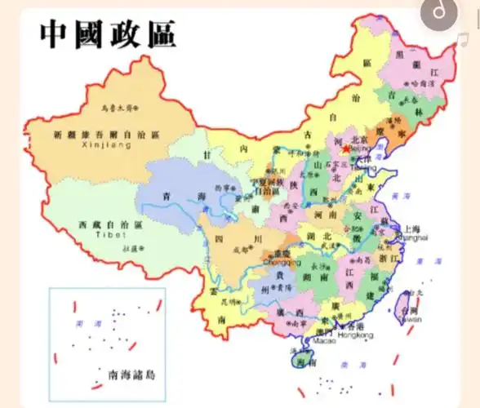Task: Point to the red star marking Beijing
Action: pyautogui.click(x=345, y=149)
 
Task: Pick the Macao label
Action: pyautogui.click(x=324, y=342)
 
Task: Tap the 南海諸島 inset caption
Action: pyautogui.click(x=131, y=375)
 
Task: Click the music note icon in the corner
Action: pyautogui.click(x=441, y=12)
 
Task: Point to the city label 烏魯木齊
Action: pyautogui.click(x=116, y=107)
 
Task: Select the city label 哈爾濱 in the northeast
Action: pyautogui.click(x=423, y=82)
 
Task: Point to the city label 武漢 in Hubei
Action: pyautogui.click(x=330, y=243)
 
